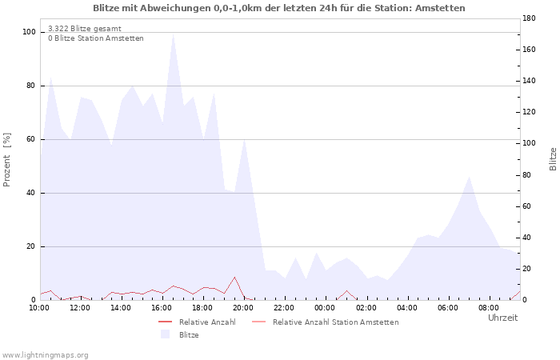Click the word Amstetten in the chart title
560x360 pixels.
click(445, 8)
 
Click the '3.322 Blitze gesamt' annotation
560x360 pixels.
click(85, 29)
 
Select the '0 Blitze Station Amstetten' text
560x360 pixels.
click(96, 38)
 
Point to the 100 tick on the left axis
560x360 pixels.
click(29, 32)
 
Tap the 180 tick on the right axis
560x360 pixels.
click(529, 18)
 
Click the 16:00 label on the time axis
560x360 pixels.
click(162, 308)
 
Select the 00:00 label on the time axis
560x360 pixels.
click(325, 308)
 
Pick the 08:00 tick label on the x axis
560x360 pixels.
click(488, 308)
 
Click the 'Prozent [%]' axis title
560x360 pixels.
click(6, 160)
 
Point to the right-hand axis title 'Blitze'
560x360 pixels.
click(553, 159)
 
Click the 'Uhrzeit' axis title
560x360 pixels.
click(503, 318)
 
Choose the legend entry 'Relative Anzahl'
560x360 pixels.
click(197, 322)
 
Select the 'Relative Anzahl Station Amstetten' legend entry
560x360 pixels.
click(325, 322)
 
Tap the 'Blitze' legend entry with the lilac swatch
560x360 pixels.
click(180, 335)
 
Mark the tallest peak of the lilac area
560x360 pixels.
click(173, 34)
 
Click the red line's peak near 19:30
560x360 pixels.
click(234, 277)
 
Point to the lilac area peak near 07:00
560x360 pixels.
click(469, 177)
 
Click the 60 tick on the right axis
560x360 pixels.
click(529, 206)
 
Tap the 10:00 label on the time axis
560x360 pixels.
click(39, 308)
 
